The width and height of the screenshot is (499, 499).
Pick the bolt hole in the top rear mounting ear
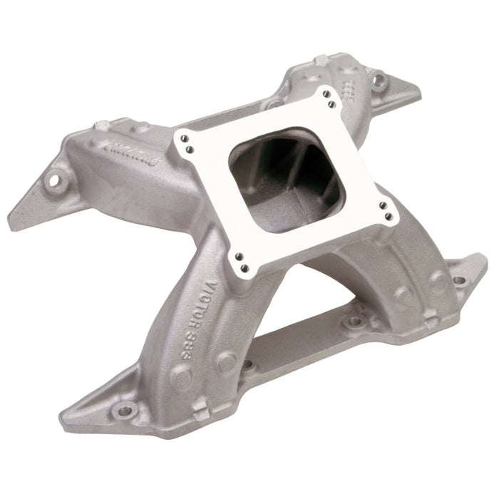pyautogui.click(x=379, y=78)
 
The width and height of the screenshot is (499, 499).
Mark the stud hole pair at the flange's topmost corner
pyautogui.click(x=329, y=101)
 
